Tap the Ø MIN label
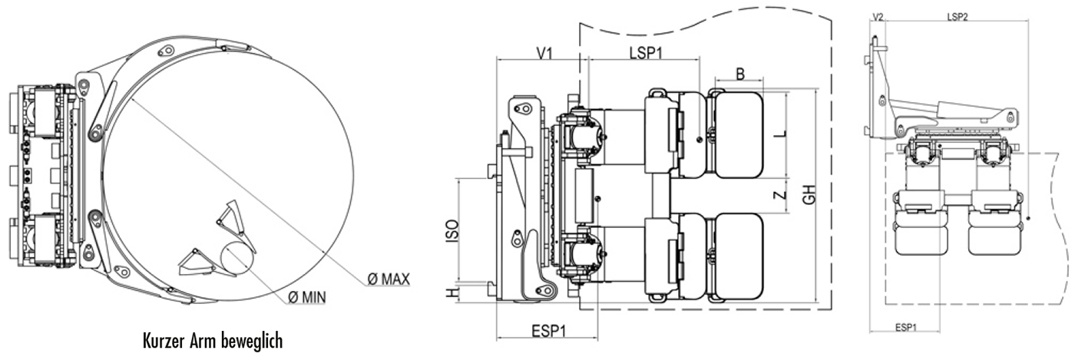pos(306,296)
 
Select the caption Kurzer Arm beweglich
pos(213,339)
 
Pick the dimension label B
pos(739,74)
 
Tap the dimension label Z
pos(780,195)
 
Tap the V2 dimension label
pos(878,16)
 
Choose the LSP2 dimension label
pos(957,16)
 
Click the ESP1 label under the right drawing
pos(907,327)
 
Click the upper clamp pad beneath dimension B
pos(739,134)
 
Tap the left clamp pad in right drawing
pos(918,230)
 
